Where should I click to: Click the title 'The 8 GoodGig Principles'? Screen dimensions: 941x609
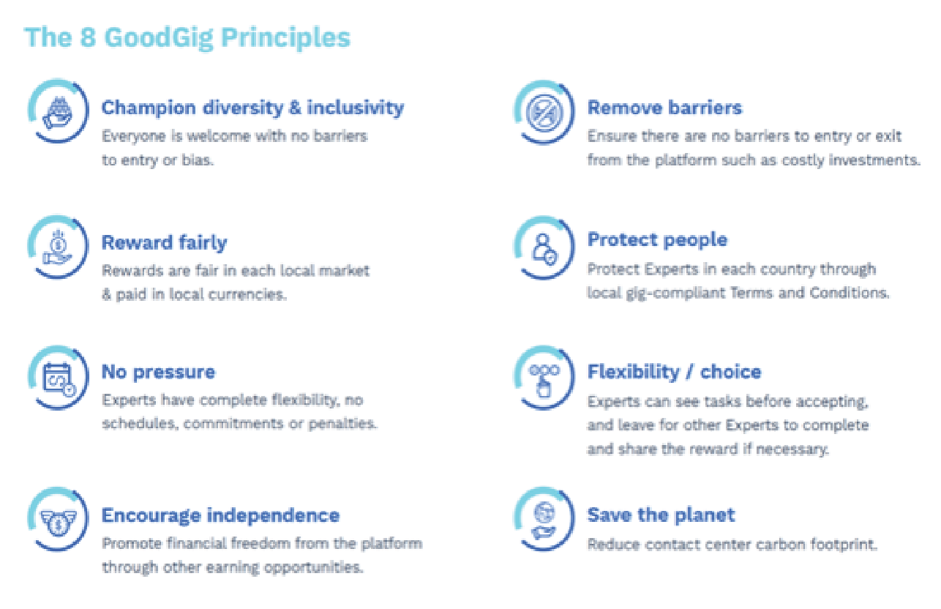point(187,38)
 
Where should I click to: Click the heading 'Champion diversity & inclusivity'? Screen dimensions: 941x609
point(253,108)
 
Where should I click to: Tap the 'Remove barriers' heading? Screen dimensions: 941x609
point(664,108)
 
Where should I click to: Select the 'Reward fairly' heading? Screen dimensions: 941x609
point(164,243)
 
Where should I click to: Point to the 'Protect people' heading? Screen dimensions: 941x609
point(657,240)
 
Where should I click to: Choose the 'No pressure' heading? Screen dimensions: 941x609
point(158,373)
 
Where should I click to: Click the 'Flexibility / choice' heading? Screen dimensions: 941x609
point(674,372)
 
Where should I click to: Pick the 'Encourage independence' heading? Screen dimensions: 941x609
point(220,516)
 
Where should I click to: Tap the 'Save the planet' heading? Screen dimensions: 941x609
point(661,515)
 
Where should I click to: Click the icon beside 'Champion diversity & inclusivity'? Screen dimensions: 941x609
point(59,111)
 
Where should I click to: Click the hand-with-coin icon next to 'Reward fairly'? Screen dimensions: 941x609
point(59,247)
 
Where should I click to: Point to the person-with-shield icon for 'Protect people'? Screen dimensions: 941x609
point(544,248)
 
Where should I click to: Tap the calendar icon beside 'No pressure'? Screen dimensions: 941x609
point(59,378)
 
